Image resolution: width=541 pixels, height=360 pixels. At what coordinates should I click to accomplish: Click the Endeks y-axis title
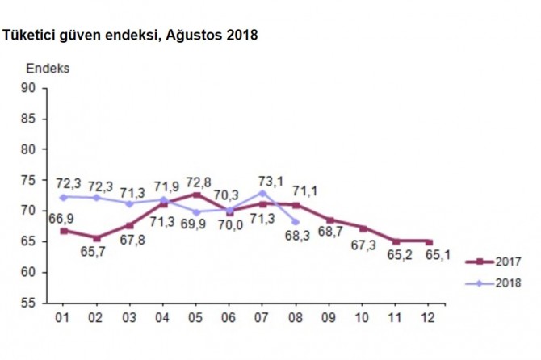[x=48, y=69]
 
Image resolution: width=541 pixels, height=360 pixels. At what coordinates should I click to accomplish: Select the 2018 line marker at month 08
[x=295, y=221]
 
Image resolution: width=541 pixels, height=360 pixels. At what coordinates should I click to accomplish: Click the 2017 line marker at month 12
[x=429, y=241]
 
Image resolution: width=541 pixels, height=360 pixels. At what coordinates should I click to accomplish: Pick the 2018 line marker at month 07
[x=262, y=192]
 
